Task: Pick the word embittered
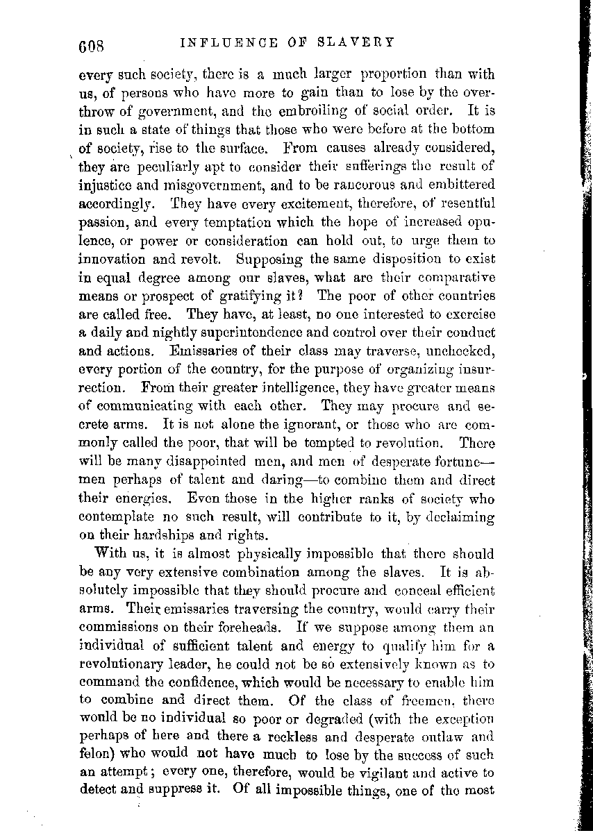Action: (461, 185)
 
